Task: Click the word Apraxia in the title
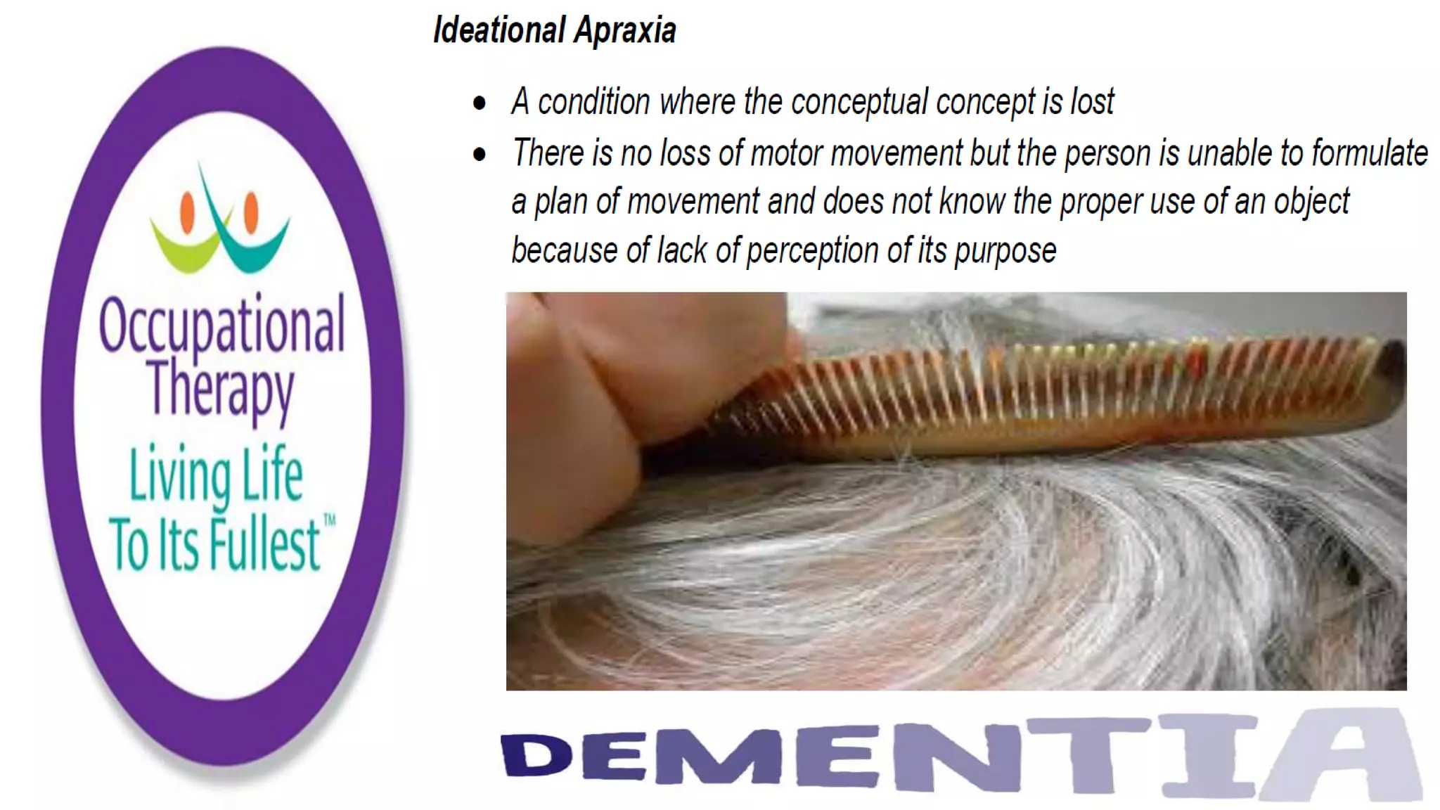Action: click(625, 30)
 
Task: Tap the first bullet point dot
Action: click(480, 103)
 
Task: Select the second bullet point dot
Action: click(480, 154)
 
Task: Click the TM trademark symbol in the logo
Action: click(329, 521)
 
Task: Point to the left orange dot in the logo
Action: click(187, 212)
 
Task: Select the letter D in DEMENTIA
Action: click(536, 754)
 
